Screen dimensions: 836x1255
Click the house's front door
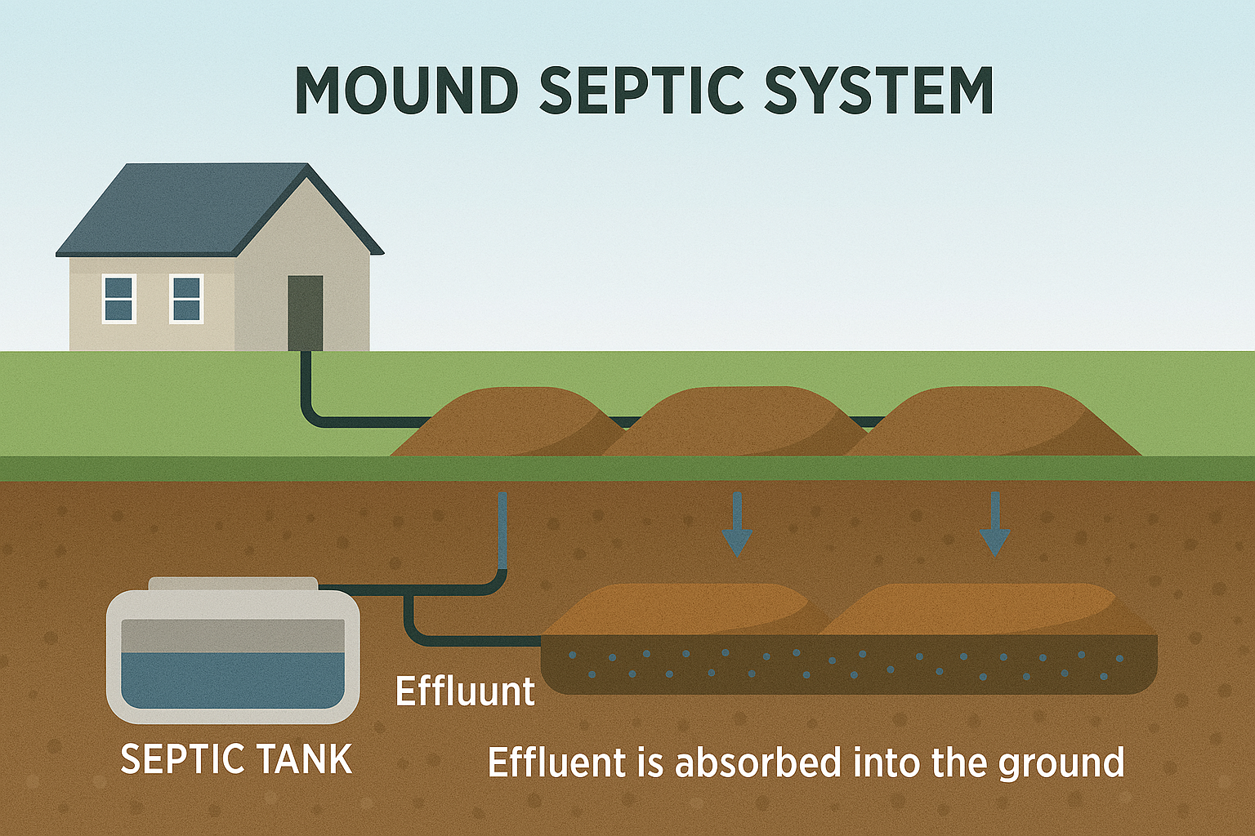click(305, 312)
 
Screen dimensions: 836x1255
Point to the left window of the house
click(119, 299)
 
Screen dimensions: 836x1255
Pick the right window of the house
click(186, 299)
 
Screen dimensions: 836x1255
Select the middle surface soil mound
click(735, 423)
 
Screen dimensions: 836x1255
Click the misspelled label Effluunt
click(465, 691)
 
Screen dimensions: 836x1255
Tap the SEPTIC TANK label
click(236, 759)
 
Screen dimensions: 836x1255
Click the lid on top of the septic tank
click(233, 583)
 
